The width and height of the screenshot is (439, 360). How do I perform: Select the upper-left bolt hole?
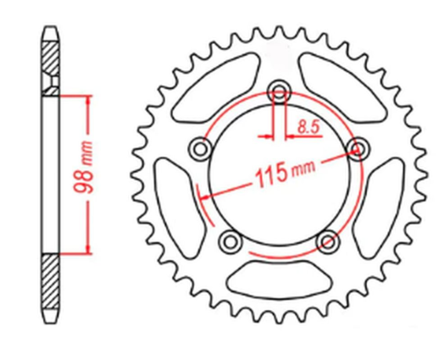(x=202, y=149)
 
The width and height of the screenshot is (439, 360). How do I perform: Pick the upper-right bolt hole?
(x=356, y=149)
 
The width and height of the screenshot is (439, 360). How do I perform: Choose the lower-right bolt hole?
(x=326, y=242)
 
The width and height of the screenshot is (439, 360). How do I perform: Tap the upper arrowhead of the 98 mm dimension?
(x=87, y=97)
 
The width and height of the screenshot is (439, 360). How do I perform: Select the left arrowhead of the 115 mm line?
(x=202, y=197)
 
